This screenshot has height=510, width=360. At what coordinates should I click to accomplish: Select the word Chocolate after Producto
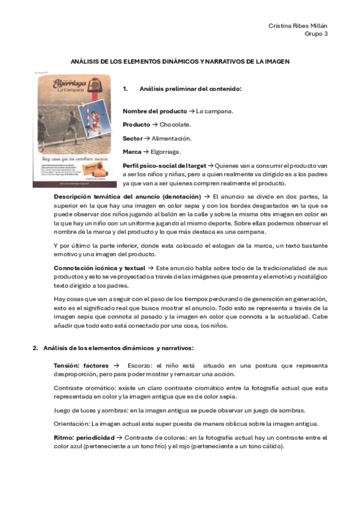tap(175, 124)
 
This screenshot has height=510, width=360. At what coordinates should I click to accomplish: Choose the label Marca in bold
tap(132, 152)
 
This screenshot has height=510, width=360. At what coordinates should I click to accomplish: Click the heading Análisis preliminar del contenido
tap(190, 89)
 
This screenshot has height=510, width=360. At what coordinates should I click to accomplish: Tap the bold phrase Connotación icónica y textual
tap(100, 267)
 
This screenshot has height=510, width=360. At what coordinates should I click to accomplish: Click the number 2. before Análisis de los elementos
tap(35, 348)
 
